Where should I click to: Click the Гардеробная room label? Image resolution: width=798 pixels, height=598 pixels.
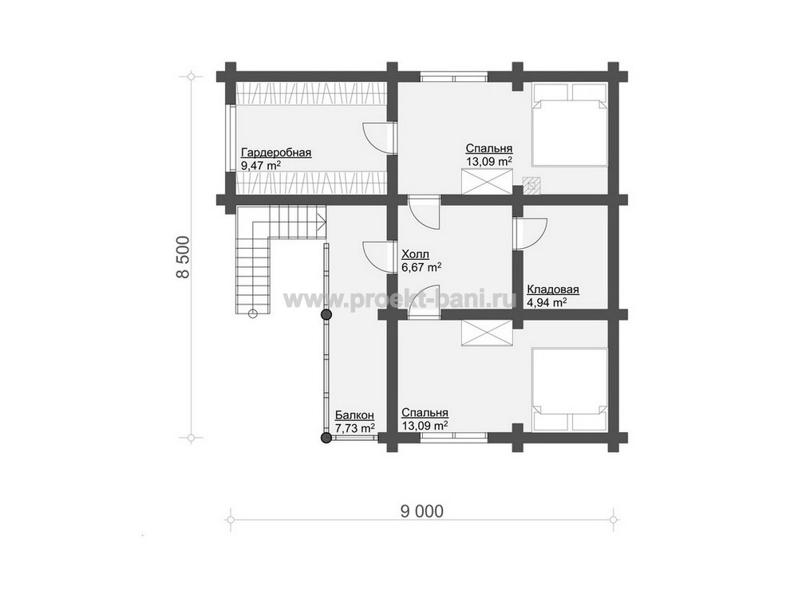pyautogui.click(x=276, y=152)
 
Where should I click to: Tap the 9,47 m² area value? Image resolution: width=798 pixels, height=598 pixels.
pyautogui.click(x=261, y=165)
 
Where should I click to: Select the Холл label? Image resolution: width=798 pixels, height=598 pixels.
pyautogui.click(x=415, y=254)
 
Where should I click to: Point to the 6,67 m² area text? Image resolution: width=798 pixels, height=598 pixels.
pyautogui.click(x=421, y=267)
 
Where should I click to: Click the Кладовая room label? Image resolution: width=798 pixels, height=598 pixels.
pyautogui.click(x=553, y=290)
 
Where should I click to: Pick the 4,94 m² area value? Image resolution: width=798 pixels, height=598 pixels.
pyautogui.click(x=547, y=302)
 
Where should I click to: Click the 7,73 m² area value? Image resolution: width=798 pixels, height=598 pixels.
pyautogui.click(x=355, y=428)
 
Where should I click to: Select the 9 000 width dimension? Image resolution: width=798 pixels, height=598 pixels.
pyautogui.click(x=422, y=511)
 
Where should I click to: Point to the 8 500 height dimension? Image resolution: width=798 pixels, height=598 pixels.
pyautogui.click(x=183, y=258)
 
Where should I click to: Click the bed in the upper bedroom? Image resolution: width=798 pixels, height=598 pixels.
pyautogui.click(x=570, y=125)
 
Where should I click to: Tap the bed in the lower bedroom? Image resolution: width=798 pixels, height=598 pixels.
pyautogui.click(x=570, y=390)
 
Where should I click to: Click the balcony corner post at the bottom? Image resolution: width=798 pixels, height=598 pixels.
pyautogui.click(x=326, y=437)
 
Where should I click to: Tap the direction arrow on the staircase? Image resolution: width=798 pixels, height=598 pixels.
pyautogui.click(x=321, y=221)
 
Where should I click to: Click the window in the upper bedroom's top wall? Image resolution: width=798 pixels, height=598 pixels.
pyautogui.click(x=454, y=78)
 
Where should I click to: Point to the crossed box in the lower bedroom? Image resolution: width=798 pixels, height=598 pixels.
pyautogui.click(x=487, y=333)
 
